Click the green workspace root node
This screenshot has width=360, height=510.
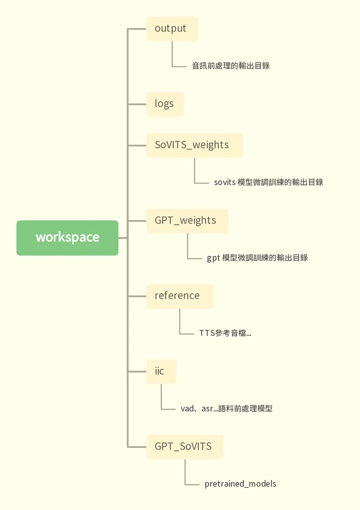pos(67,238)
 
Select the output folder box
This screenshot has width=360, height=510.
pos(172,29)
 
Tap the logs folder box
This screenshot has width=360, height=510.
pos(165,104)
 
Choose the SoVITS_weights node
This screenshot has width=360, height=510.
pos(194,146)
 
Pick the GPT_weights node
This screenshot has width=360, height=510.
pos(187,221)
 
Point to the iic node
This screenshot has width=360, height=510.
pos(161,372)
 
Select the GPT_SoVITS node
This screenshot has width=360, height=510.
pos(185,447)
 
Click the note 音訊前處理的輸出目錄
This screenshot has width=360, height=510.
pos(231,66)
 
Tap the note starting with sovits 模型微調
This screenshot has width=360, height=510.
pos(269,182)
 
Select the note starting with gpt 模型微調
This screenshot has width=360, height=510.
pos(257,258)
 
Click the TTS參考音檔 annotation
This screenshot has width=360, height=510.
pos(225,333)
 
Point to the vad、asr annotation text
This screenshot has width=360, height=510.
pos(226,409)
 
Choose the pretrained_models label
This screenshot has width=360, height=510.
pos(240,484)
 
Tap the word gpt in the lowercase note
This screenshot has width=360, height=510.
pos(213,258)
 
